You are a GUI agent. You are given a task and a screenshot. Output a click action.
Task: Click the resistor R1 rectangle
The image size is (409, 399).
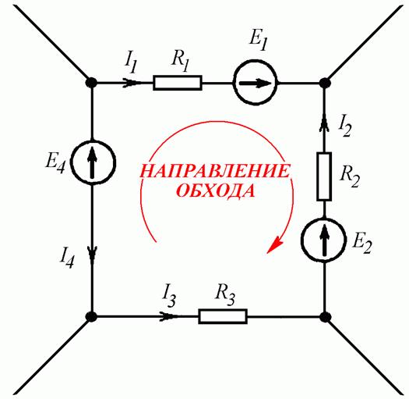pos(178,83)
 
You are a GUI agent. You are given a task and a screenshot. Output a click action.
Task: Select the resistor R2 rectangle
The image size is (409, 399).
pos(324,176)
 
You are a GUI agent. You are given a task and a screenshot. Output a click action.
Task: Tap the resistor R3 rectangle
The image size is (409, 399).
pos(223,316)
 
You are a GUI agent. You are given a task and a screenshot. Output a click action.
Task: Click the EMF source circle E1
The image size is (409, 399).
pos(255,83)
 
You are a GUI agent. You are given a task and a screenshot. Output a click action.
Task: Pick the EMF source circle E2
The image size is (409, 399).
pos(324,240)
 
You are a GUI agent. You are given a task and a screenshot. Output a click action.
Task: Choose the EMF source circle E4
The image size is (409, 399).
pos(93,163)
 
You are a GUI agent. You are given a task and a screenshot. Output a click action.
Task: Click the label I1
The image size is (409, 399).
pos(131,64)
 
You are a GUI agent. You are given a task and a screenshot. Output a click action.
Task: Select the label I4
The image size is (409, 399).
pos(67,258)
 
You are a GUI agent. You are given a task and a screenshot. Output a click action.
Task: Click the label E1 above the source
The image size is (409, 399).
pos(259,41)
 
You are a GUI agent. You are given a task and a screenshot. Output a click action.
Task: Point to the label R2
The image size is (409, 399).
pos(350,176)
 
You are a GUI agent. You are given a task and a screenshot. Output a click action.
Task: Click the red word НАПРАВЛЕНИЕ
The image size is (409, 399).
pos(215,171)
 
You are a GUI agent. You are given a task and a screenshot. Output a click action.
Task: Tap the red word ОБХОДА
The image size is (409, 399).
pos(215,191)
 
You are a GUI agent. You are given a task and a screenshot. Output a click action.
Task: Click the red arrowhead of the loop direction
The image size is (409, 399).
pos(274,244)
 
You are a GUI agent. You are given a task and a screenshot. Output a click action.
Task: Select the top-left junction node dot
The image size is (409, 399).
pos(92,83)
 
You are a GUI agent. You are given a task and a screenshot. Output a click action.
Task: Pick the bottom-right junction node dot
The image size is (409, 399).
pos(326,317)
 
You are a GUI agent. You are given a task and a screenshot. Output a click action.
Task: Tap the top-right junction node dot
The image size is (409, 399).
pos(326,83)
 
